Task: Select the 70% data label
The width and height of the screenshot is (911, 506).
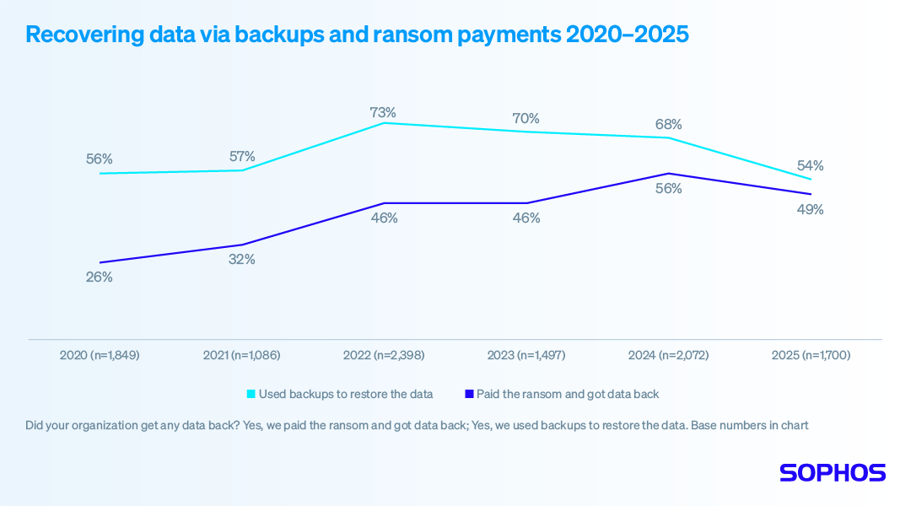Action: (526, 119)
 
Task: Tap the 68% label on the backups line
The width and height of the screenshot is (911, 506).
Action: (668, 125)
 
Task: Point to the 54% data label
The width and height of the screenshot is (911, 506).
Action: (811, 165)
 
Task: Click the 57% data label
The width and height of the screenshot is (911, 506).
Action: (241, 156)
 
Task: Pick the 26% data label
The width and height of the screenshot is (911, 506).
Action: (99, 277)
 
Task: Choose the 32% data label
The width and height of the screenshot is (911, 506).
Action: (241, 260)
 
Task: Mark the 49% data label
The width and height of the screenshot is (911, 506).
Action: (811, 209)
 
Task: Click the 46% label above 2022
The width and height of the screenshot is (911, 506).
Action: (384, 218)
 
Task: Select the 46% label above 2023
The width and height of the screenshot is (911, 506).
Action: (526, 218)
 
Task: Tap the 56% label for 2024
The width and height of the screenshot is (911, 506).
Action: (668, 189)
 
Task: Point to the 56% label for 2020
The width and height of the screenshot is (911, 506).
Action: (99, 159)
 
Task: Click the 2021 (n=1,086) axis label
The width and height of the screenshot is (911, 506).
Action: (241, 356)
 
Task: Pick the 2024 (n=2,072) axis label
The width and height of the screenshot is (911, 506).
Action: (668, 356)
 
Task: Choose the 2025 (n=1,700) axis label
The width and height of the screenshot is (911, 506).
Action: (811, 356)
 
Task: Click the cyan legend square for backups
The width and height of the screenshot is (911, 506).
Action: (251, 394)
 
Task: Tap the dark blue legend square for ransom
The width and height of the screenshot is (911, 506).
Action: (469, 394)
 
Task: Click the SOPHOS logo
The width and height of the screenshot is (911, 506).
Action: (833, 472)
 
